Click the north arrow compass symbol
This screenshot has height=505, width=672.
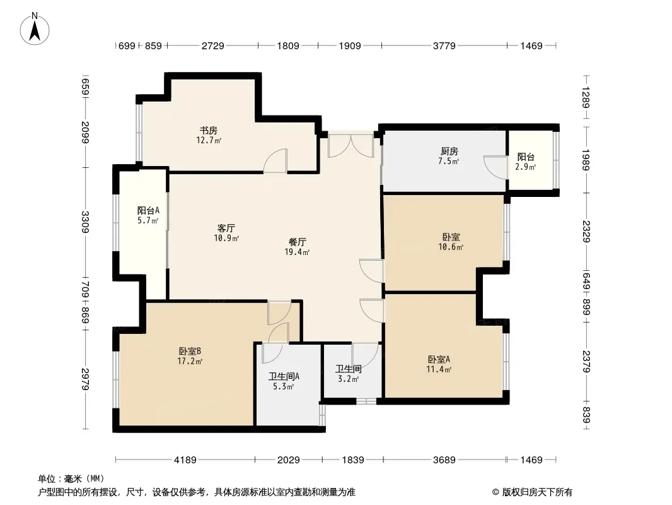click(35, 28)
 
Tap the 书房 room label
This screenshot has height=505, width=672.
click(209, 131)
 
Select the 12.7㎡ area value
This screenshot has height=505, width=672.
click(209, 140)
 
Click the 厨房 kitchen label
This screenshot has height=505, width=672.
click(449, 151)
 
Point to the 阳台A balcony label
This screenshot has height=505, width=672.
click(148, 210)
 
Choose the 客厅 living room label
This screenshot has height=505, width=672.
click(226, 228)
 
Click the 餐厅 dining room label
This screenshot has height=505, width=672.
click(298, 242)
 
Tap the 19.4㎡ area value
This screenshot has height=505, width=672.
click(297, 252)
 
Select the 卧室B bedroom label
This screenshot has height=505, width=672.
click(190, 351)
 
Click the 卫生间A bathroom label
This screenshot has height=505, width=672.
click(284, 376)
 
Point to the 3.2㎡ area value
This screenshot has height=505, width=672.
click(348, 379)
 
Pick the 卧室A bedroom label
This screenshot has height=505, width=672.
click(439, 359)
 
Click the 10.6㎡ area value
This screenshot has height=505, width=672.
click(451, 247)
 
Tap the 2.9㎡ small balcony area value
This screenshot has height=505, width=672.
click(525, 167)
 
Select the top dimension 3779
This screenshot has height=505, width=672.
click(444, 45)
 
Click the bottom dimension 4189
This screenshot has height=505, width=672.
click(185, 460)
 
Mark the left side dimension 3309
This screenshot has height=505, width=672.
click(86, 222)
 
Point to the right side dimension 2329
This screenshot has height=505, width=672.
click(586, 231)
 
